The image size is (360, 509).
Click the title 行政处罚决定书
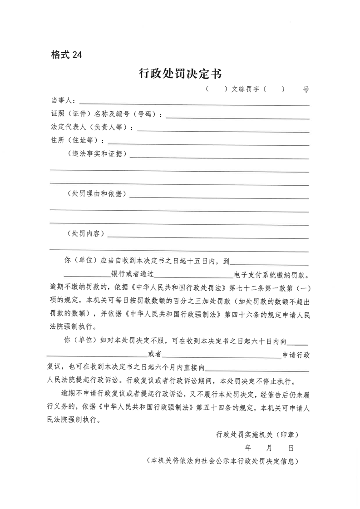(180, 73)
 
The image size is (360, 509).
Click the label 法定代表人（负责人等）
(91, 127)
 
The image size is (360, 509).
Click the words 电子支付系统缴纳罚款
(271, 275)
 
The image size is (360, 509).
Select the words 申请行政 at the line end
(296, 354)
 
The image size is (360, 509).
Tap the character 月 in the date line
(269, 448)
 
